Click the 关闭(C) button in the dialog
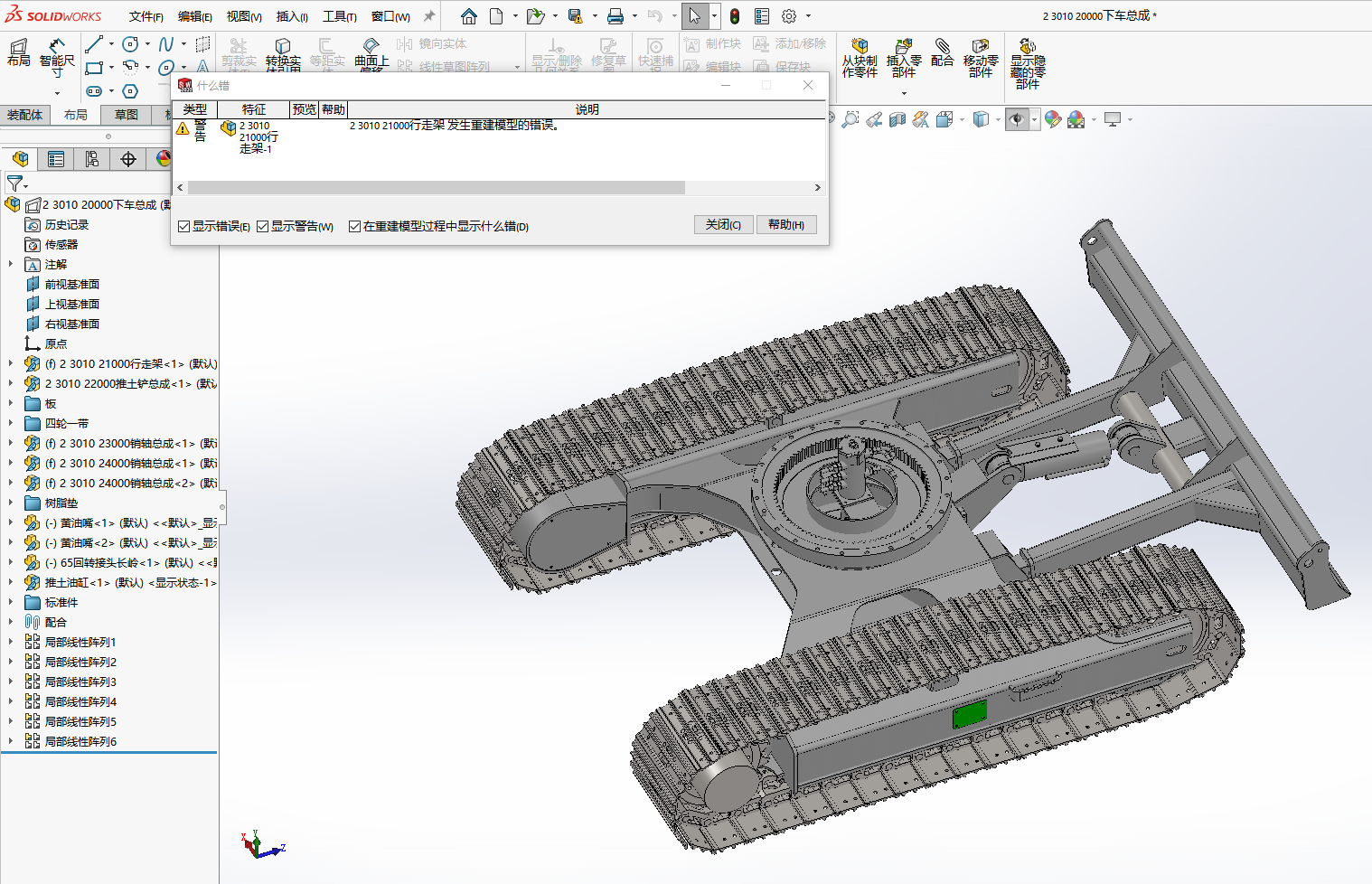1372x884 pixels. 723,225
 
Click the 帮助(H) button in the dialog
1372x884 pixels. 785,225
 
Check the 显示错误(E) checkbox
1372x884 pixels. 184,227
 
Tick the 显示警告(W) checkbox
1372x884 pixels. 263,227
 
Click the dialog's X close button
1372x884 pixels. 808,85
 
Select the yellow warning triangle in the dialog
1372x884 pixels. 183,129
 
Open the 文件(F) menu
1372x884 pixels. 146,16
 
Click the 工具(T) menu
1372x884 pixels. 339,16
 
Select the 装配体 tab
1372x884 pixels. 24,115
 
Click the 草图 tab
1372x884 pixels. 127,115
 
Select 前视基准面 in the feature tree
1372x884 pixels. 71,284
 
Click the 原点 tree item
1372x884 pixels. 56,343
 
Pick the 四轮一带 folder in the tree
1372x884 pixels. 66,423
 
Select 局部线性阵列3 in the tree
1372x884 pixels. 80,682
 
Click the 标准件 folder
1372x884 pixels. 61,602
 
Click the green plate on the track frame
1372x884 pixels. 969,715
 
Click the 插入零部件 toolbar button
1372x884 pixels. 904,60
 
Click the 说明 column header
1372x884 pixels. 587,109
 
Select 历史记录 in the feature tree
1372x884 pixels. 67,224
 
